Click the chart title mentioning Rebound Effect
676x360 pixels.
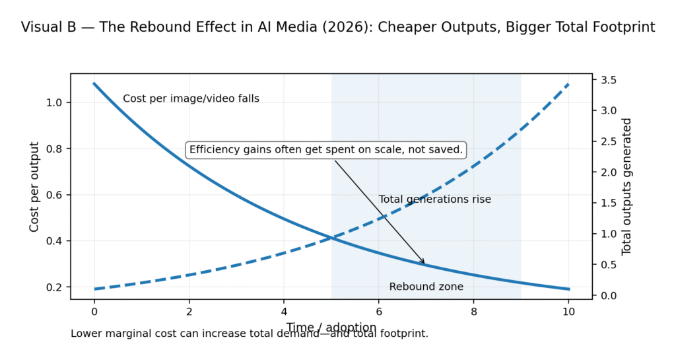[338, 27]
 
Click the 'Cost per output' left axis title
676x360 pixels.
[34, 186]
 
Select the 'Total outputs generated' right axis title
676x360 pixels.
[626, 186]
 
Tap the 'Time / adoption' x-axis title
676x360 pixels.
[331, 327]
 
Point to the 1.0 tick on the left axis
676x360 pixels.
[54, 102]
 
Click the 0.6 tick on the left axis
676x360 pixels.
[54, 195]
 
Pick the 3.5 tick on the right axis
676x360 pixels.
[608, 80]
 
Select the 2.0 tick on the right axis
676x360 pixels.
[608, 172]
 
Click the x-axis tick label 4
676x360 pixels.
[284, 311]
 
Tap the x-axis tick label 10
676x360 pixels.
[568, 311]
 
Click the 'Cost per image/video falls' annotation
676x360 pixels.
[191, 98]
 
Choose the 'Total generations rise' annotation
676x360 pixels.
[434, 199]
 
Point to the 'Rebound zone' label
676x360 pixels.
[426, 287]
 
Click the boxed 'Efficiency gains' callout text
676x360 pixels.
[326, 150]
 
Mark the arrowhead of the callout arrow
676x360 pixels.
[424, 264]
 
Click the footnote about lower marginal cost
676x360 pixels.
[250, 334]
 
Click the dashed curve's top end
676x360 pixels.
[568, 84]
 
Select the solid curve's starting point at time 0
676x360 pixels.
[94, 83]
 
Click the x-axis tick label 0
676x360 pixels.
[94, 311]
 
